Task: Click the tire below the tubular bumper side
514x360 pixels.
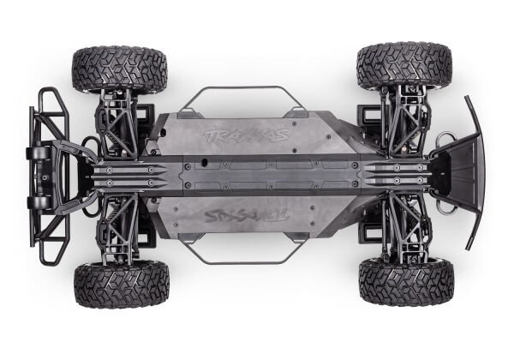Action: (121, 284)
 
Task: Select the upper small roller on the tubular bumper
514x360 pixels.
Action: (39, 153)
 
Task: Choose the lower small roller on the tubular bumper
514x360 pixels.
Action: (39, 202)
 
